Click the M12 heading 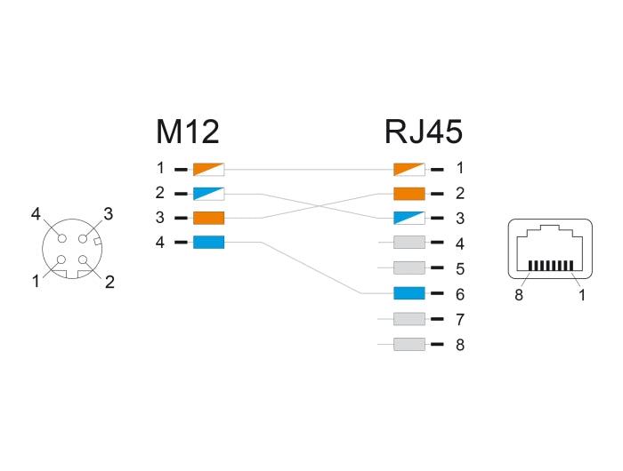(187, 132)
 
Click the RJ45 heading (423, 132)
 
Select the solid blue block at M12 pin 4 (208, 242)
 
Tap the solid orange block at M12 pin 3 (208, 218)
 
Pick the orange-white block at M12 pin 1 (208, 168)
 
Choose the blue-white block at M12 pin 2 (208, 193)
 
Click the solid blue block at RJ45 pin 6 (409, 293)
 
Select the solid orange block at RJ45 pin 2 (409, 193)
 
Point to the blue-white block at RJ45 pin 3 (409, 218)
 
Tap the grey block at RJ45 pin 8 (409, 344)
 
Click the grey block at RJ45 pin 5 (409, 267)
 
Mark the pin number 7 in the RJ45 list (459, 319)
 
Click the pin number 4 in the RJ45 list (459, 243)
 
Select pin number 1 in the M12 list (160, 168)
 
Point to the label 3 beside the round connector (108, 213)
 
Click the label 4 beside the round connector (36, 214)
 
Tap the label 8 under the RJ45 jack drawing (517, 295)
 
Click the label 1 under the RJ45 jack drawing (581, 295)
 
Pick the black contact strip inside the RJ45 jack (548, 266)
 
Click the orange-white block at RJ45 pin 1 (409, 168)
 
